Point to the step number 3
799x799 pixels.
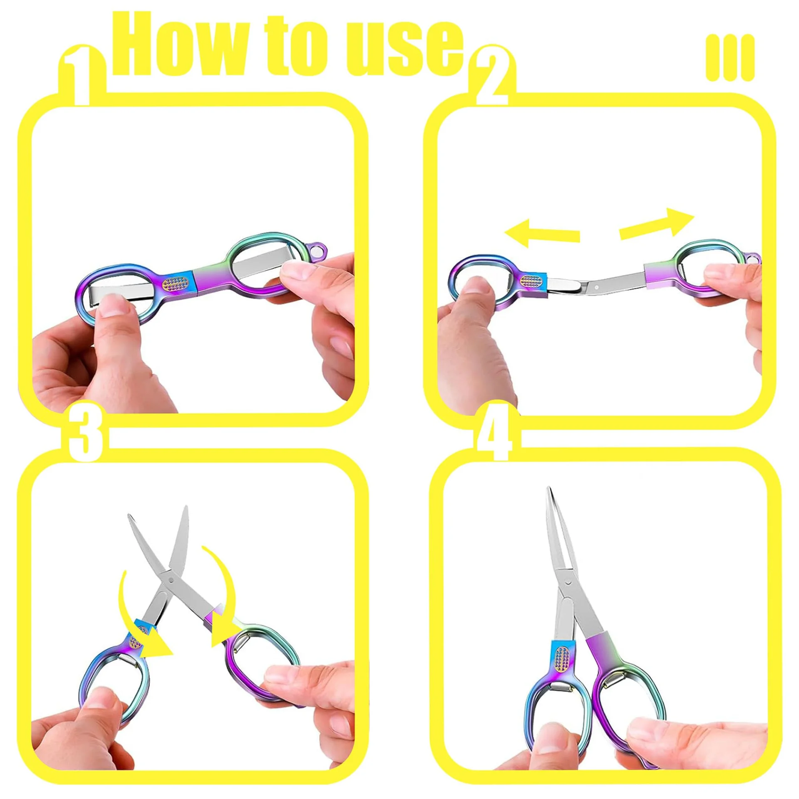[85, 433]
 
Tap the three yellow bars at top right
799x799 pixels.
[730, 58]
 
